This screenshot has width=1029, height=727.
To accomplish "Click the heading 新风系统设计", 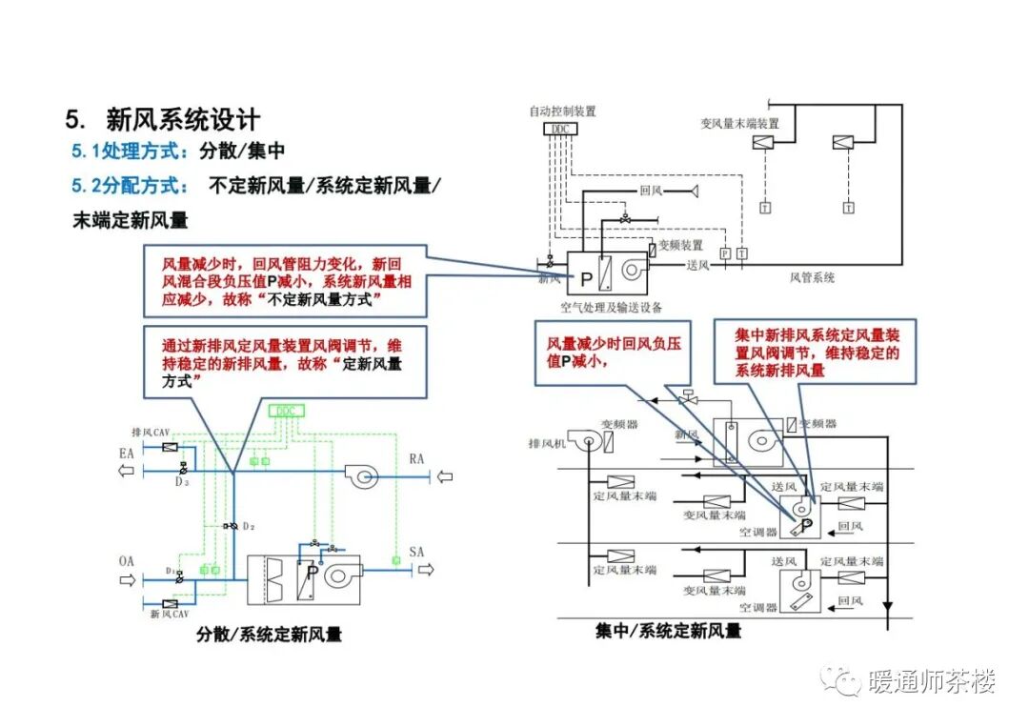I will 182,120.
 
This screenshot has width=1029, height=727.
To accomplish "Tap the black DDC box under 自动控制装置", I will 558,130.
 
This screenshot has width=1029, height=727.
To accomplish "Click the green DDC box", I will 286,411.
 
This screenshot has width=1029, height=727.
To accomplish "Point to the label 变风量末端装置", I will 739,123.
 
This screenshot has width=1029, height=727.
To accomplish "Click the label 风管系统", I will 812,277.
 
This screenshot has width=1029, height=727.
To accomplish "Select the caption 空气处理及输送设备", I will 611,307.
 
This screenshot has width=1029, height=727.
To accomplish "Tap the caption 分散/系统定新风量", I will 270,634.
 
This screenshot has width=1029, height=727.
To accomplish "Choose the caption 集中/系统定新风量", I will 668,631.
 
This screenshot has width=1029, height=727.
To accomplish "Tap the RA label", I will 416,459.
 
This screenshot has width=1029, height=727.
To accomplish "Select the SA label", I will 416,552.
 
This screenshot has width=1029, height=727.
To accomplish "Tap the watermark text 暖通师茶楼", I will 931,682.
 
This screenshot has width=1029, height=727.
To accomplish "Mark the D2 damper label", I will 249,526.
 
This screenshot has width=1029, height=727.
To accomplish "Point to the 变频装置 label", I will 680,245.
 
